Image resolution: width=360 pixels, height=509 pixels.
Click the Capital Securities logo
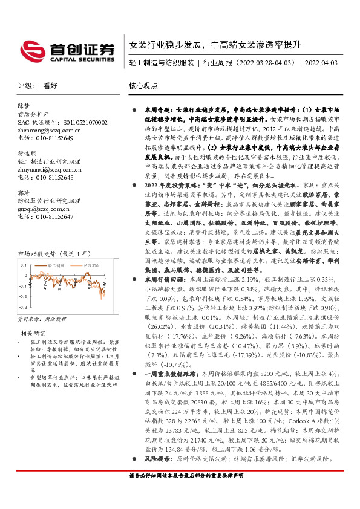(x=68, y=51)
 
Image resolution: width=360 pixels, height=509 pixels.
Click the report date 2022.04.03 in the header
(x=321, y=63)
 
